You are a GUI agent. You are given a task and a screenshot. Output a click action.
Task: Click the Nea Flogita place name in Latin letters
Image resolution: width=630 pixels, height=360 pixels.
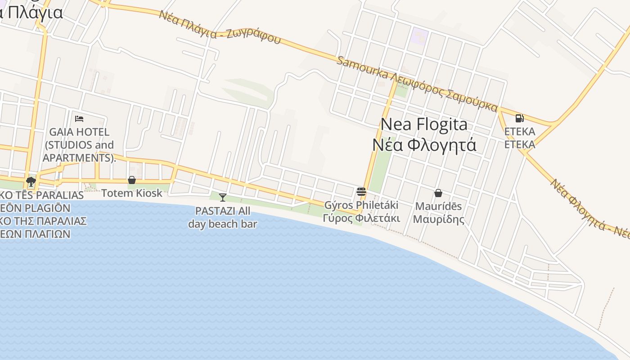pos(424,124)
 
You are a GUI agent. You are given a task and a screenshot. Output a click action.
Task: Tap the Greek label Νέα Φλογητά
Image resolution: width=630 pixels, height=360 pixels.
pos(424,145)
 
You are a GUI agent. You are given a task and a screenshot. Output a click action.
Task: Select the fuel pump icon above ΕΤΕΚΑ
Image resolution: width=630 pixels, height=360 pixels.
pos(519,118)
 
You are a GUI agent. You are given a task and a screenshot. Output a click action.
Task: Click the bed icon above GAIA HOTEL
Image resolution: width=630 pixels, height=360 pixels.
pos(79,119)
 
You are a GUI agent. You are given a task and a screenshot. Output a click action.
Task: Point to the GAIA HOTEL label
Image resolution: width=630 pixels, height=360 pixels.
pos(79,132)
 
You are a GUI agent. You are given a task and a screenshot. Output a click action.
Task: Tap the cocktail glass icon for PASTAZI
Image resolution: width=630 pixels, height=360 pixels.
pos(222,197)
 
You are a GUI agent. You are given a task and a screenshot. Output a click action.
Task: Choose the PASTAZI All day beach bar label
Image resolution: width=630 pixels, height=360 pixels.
pos(222,217)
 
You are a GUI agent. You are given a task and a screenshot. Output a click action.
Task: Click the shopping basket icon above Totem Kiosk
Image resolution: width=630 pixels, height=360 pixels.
pos(132,180)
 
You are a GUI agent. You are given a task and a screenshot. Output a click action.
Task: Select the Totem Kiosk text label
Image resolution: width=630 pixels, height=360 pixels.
pos(131,193)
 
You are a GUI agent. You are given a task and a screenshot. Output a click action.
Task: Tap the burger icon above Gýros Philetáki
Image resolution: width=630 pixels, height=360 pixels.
pos(361,192)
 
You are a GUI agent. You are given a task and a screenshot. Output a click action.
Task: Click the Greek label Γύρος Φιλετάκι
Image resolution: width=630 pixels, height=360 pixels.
pos(361,218)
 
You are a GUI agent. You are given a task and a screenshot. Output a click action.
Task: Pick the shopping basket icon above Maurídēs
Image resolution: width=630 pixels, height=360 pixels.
pos(438,193)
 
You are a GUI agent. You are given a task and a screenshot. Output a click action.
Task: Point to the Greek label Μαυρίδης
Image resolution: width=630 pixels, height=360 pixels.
pos(438,219)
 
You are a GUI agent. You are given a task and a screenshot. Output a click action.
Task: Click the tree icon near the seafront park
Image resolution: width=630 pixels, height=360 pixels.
pos(31,182)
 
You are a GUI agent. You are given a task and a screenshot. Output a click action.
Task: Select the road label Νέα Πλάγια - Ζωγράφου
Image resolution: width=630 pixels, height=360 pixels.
pos(220,27)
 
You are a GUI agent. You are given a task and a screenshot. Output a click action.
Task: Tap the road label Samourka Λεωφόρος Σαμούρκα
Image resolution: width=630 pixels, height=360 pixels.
pos(417,84)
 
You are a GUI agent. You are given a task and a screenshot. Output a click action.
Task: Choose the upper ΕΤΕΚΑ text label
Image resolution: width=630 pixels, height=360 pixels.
pos(520,131)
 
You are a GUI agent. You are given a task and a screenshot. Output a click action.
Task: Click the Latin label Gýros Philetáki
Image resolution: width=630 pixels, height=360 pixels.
pos(361,205)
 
